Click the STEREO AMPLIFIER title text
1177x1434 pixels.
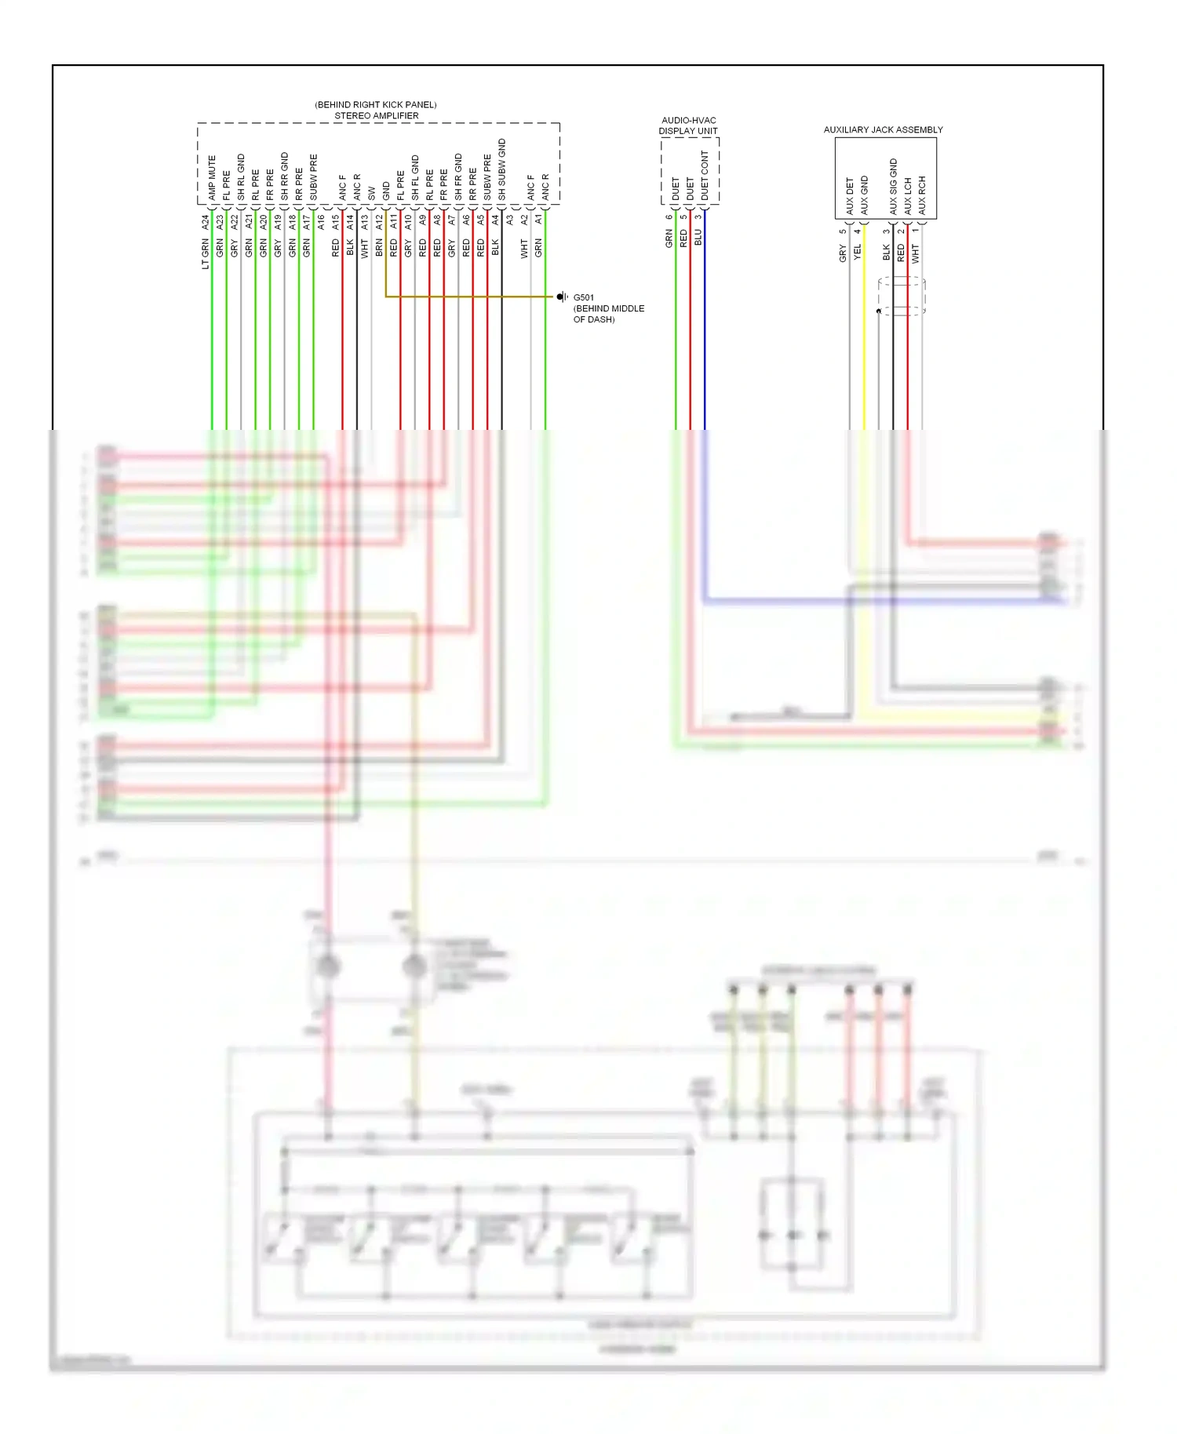[x=376, y=115]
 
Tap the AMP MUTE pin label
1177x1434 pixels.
[x=212, y=177]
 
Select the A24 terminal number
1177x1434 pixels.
[x=206, y=222]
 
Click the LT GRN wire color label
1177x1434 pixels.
[x=206, y=254]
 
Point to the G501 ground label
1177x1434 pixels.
[x=584, y=297]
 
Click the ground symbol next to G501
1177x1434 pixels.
[x=562, y=297]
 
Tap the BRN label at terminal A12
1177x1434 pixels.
[x=379, y=249]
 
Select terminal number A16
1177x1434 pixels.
[x=321, y=222]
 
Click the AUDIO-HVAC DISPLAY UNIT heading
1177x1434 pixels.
[x=688, y=126]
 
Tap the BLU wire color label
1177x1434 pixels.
[x=698, y=238]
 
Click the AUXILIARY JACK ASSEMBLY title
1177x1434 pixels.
[x=883, y=129]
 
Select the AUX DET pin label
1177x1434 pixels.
[x=850, y=195]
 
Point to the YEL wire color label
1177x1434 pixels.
[x=858, y=252]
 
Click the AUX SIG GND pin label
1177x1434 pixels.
[x=893, y=186]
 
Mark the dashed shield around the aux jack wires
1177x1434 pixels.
[x=902, y=296]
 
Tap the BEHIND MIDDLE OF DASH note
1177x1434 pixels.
[x=608, y=314]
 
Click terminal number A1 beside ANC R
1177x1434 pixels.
[x=538, y=220]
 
